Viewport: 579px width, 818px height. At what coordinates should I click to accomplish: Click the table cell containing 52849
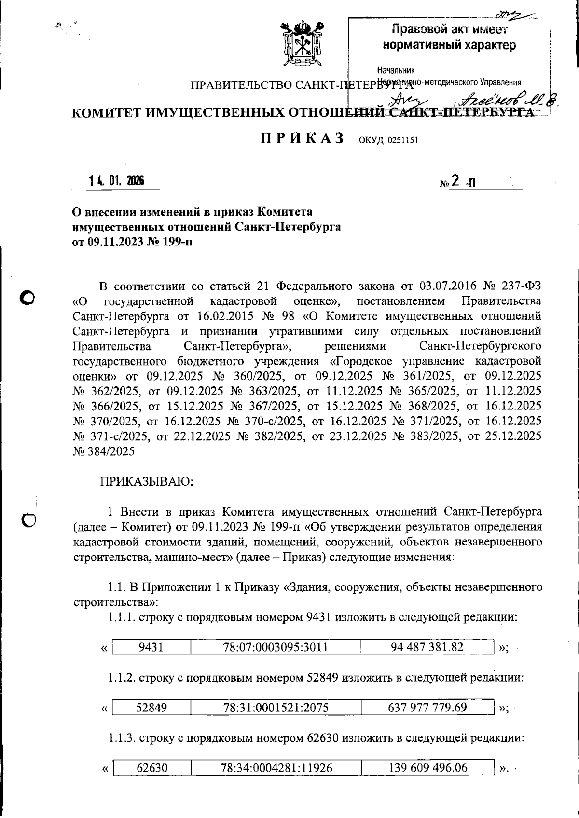[151, 708]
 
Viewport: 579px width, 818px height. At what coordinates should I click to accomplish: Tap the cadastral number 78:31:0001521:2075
[276, 708]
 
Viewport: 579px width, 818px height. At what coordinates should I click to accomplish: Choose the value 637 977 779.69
[427, 708]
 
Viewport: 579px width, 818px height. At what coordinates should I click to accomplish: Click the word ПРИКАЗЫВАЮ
[146, 481]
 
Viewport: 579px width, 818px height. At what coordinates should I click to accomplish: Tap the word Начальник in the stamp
[396, 71]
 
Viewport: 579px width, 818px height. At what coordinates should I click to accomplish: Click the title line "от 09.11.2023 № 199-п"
[132, 242]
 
